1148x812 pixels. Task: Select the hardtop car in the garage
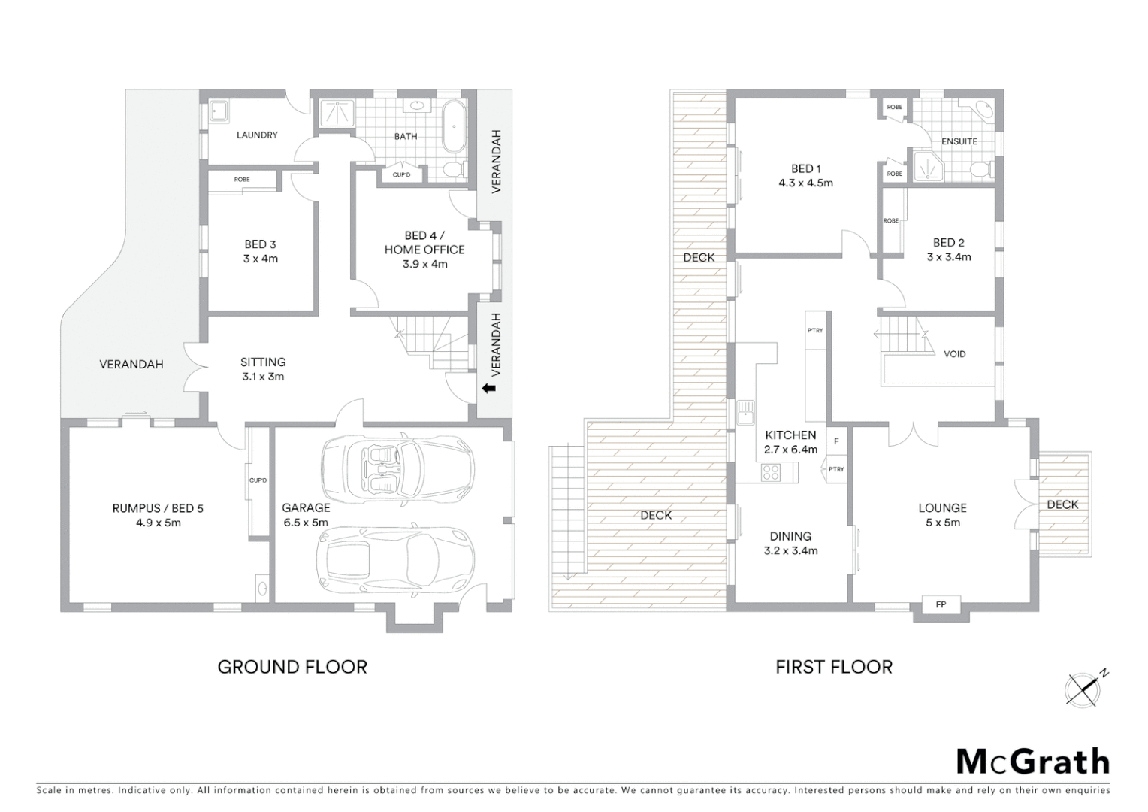click(x=395, y=557)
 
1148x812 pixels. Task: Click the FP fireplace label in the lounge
click(x=941, y=604)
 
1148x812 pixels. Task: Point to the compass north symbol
click(x=1085, y=688)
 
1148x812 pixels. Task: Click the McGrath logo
click(x=1032, y=762)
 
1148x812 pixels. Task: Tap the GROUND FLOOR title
click(x=292, y=667)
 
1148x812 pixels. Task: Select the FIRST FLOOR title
click(x=834, y=667)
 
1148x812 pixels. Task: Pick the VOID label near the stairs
click(x=954, y=354)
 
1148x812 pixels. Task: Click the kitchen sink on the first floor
click(x=745, y=413)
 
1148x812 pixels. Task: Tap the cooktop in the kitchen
click(x=771, y=473)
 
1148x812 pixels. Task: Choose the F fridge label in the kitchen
click(x=835, y=441)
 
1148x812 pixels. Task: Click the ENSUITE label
click(x=959, y=141)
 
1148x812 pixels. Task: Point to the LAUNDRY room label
click(x=257, y=135)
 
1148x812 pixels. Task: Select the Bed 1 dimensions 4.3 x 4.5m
click(x=805, y=183)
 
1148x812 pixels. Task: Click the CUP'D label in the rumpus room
click(x=258, y=480)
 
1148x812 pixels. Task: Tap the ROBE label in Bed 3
click(x=242, y=180)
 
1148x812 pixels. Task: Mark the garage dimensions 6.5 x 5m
click(x=306, y=523)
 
